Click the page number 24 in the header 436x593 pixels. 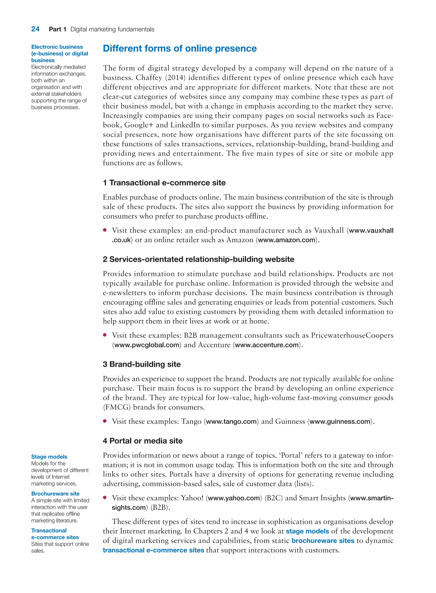point(35,29)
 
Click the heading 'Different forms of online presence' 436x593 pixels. point(179,49)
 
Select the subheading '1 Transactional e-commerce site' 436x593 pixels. point(164,183)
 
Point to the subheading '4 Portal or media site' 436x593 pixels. point(142,441)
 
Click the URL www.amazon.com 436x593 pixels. point(287,240)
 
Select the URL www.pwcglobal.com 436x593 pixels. point(146,345)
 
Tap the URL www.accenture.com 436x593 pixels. point(267,345)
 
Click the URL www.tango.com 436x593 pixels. point(231,421)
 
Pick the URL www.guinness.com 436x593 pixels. point(340,421)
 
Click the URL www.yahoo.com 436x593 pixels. point(234,498)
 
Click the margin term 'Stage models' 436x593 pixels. point(49,457)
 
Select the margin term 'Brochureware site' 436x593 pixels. point(55,494)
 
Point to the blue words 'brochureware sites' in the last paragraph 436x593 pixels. point(323,541)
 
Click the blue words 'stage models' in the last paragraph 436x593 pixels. point(307,531)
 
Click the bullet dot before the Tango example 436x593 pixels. point(105,421)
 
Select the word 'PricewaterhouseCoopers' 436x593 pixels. point(352,335)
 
